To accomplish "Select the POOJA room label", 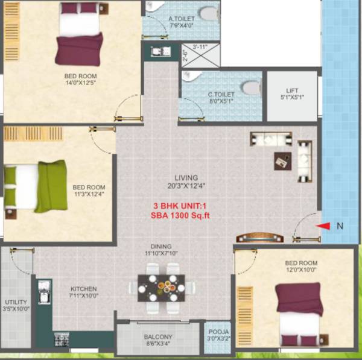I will [218, 332].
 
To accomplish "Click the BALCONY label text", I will [158, 336].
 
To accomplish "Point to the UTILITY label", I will [15, 302].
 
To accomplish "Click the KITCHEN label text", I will [83, 289].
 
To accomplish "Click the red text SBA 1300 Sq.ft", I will [181, 215].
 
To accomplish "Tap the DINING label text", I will [162, 246].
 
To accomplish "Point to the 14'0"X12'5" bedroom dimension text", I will [82, 83].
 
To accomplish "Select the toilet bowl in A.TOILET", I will [208, 13].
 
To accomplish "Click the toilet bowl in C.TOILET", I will [250, 86].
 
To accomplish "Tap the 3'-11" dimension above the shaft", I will [200, 46].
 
